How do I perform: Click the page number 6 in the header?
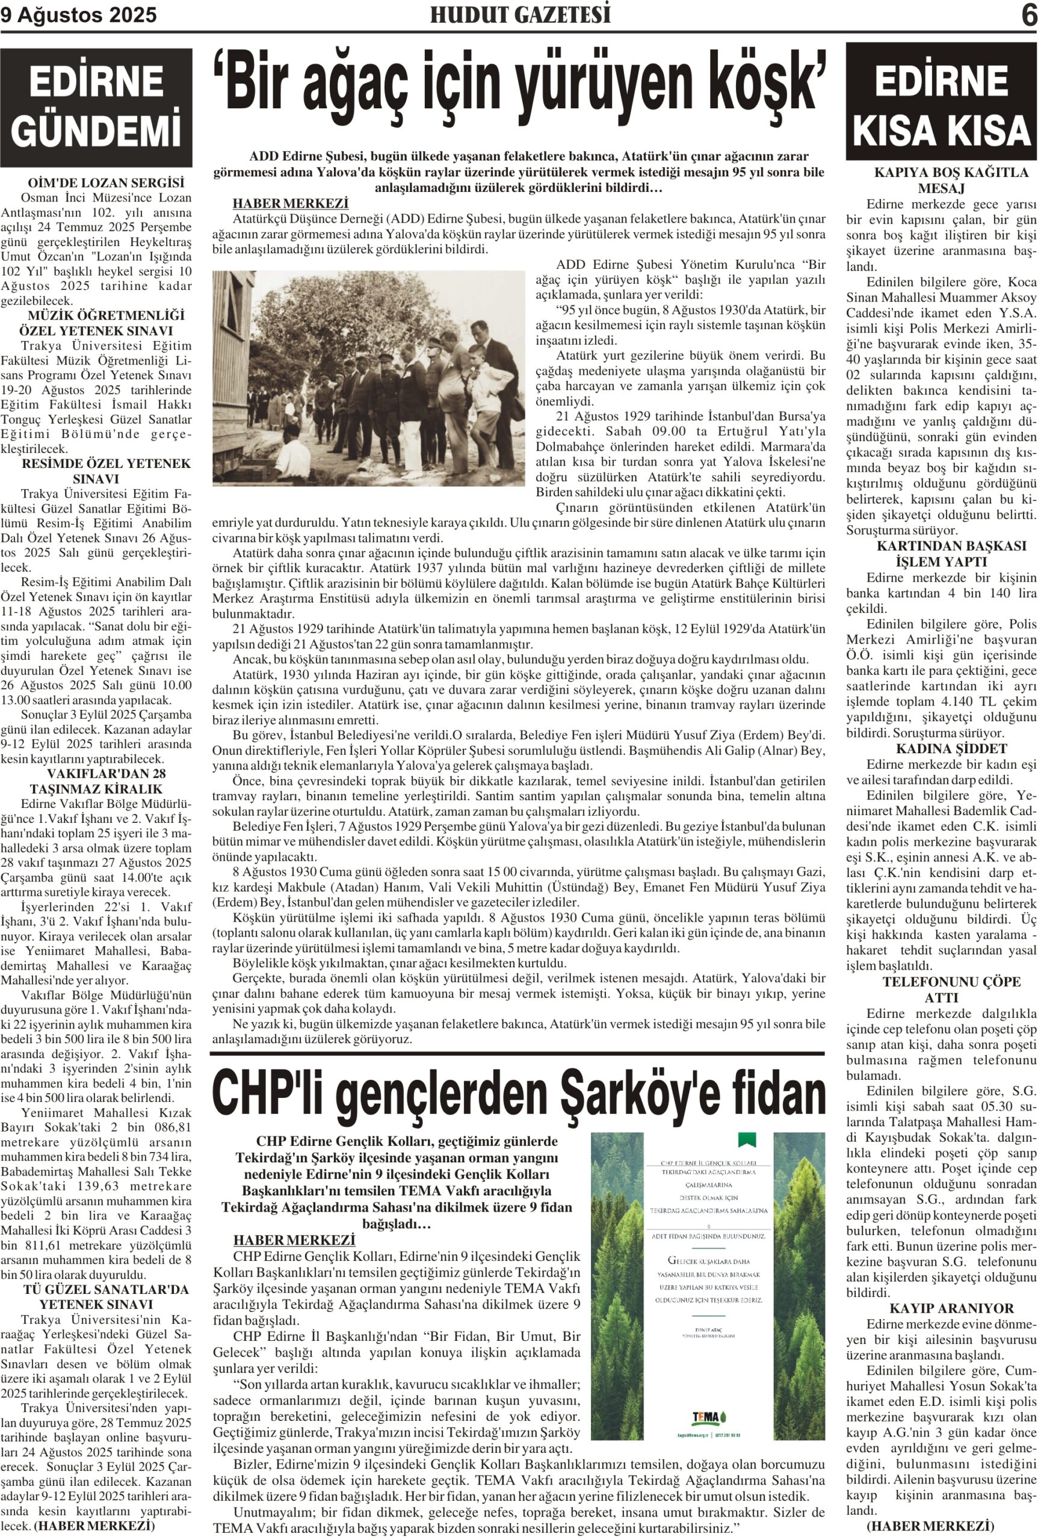[x=1028, y=15]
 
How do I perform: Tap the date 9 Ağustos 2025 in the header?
[x=79, y=15]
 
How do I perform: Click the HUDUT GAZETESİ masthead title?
[x=520, y=14]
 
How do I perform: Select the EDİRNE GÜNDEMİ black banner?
[x=96, y=107]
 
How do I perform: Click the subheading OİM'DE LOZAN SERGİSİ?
[x=106, y=183]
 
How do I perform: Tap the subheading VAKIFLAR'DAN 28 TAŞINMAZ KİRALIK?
[x=97, y=781]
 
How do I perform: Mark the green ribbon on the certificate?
[x=747, y=1140]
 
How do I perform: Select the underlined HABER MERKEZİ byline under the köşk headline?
[x=290, y=203]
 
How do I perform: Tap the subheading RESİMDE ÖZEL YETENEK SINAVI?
[x=106, y=470]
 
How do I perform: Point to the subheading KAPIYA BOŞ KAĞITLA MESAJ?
[x=951, y=180]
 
